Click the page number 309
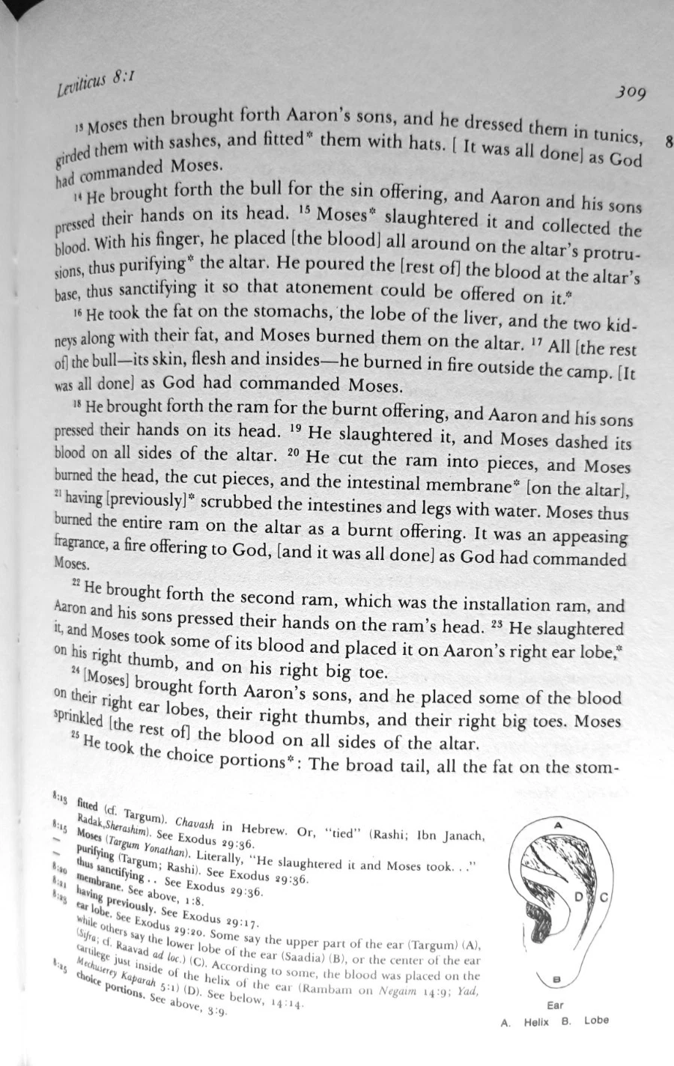pyautogui.click(x=630, y=92)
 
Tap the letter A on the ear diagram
pyautogui.click(x=558, y=823)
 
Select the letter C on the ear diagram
pyautogui.click(x=604, y=896)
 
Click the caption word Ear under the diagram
pyautogui.click(x=555, y=1005)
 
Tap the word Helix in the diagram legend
pyautogui.click(x=536, y=1022)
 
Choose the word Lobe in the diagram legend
pyautogui.click(x=596, y=1020)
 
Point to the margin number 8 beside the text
pyautogui.click(x=668, y=142)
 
